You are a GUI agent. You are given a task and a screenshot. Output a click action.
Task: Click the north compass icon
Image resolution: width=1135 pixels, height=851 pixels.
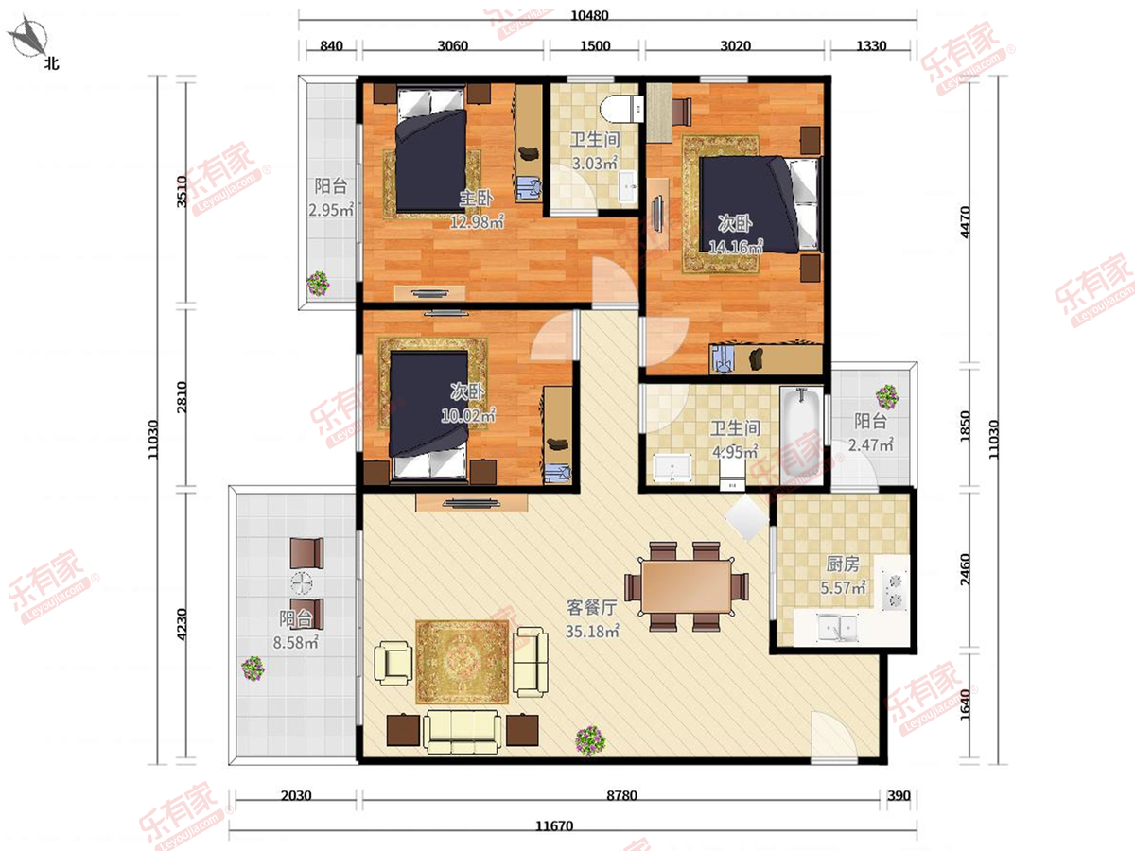(29, 37)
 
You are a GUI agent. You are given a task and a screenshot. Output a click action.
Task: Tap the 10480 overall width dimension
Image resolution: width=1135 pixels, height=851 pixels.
(589, 15)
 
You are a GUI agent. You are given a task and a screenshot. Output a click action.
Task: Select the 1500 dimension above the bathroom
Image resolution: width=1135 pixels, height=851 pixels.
(595, 46)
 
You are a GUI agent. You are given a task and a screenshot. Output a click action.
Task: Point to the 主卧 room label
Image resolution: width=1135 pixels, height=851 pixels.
(477, 199)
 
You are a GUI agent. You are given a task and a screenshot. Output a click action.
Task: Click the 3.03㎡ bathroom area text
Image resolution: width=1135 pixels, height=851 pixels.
(595, 164)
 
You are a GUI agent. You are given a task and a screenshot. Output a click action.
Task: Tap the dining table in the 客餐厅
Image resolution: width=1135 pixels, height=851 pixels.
(686, 586)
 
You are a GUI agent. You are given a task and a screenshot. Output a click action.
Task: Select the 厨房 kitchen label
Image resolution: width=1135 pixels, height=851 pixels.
(843, 564)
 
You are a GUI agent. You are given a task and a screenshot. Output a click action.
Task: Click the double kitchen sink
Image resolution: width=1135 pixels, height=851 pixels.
(837, 628)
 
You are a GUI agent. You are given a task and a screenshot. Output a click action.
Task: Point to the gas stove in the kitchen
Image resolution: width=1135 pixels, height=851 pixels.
(895, 591)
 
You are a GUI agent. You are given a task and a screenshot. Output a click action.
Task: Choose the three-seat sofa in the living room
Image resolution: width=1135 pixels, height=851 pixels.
(462, 731)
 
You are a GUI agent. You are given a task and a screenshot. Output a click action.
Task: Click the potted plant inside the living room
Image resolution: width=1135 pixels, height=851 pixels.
(590, 740)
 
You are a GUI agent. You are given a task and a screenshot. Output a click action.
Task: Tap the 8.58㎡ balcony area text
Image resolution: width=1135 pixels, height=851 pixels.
(295, 643)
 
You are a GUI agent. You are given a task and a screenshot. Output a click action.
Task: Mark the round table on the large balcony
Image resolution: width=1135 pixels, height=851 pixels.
(302, 583)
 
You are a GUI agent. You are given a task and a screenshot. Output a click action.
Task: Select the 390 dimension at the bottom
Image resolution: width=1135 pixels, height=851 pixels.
(899, 795)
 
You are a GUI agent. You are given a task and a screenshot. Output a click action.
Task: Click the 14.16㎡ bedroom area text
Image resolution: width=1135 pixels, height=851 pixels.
(735, 247)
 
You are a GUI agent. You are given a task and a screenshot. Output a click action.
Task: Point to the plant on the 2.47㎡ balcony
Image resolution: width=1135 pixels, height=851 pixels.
(887, 396)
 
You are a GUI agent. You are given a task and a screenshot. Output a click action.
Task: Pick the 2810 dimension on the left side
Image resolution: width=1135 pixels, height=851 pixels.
(182, 397)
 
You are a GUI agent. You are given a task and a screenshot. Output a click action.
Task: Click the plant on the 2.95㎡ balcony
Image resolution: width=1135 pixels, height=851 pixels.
(318, 283)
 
